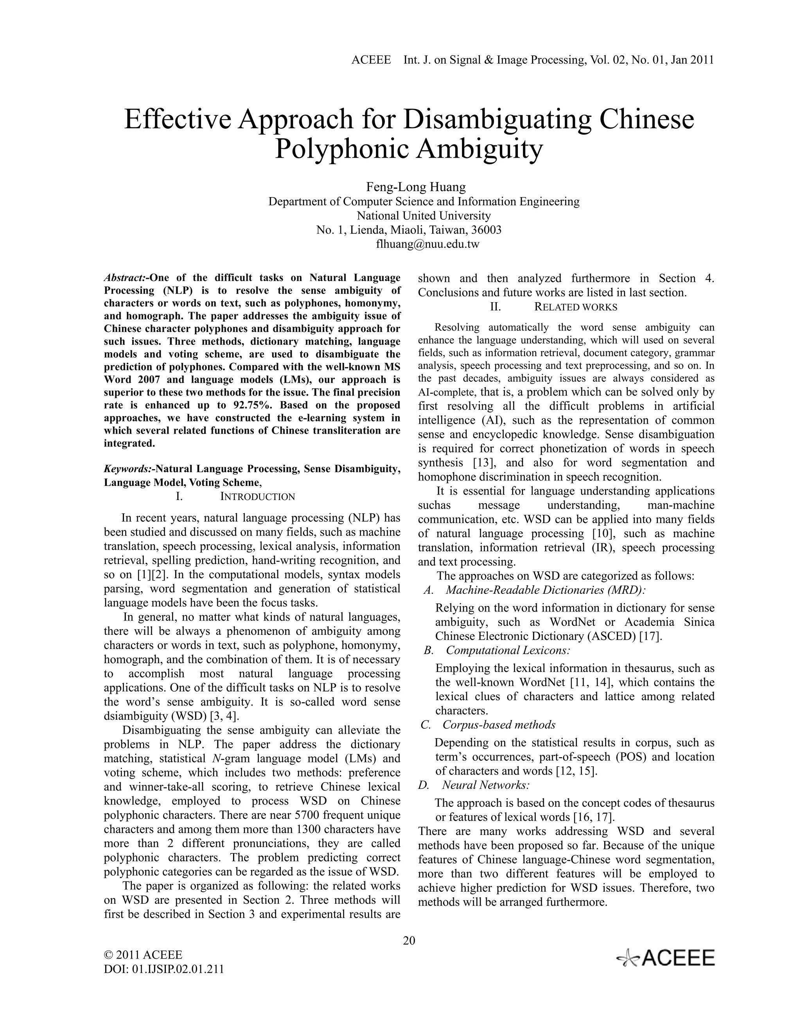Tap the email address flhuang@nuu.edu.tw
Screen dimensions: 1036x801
427,244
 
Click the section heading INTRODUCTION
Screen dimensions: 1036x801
257,496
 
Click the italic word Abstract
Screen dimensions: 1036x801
125,278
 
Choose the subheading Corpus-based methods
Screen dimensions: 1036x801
498,725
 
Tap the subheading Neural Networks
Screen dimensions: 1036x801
485,785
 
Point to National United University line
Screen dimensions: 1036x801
423,215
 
